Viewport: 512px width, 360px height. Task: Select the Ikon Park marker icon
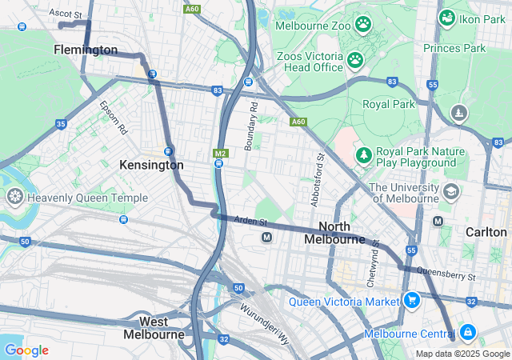click(x=446, y=18)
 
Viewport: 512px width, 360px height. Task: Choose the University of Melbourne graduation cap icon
click(x=451, y=192)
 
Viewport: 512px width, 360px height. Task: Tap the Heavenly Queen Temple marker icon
click(x=14, y=197)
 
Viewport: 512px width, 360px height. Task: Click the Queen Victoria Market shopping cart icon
click(x=412, y=301)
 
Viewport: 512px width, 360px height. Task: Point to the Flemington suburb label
click(x=86, y=50)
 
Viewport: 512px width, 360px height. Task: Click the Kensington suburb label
click(x=151, y=165)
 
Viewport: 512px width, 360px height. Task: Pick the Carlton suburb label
click(x=486, y=231)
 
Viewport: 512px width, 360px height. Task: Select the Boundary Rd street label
click(x=251, y=126)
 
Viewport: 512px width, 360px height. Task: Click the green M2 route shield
click(x=221, y=153)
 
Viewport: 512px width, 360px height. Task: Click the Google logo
click(x=26, y=350)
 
